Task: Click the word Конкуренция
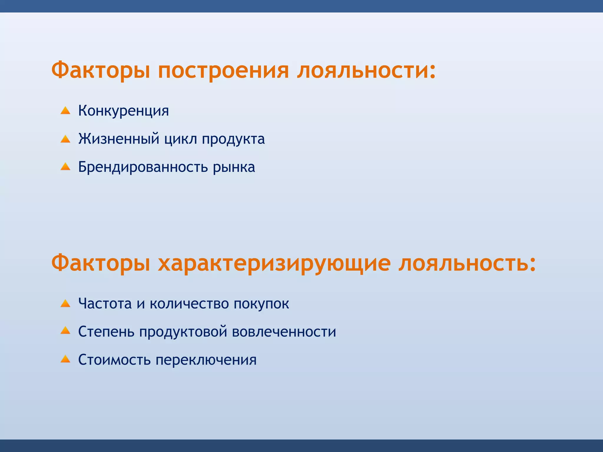[x=123, y=111]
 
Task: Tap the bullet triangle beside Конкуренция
[x=65, y=111]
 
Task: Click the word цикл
[x=180, y=139]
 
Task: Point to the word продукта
[x=233, y=139]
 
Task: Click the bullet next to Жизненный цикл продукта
[x=65, y=139]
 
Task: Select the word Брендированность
[x=143, y=167]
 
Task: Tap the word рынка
[x=234, y=167]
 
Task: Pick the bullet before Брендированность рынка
[x=65, y=167]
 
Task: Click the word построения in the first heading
[x=223, y=71]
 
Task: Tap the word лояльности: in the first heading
[x=366, y=71]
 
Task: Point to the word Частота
[x=105, y=303]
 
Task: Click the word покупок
[x=261, y=303]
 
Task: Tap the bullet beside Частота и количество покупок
[x=65, y=303]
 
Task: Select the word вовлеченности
[x=284, y=332]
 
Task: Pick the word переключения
[x=206, y=360]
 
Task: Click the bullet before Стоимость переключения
[x=65, y=359]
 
